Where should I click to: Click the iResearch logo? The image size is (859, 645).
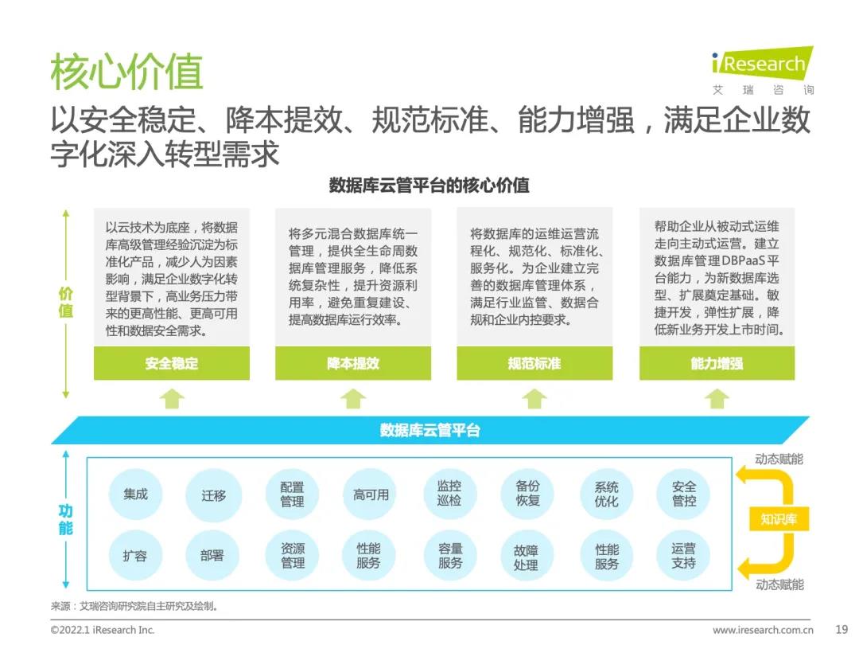pyautogui.click(x=761, y=64)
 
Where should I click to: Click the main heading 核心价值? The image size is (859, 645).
pyautogui.click(x=126, y=72)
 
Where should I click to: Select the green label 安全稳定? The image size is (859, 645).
pyautogui.click(x=171, y=363)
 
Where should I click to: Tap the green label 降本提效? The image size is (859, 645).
pyautogui.click(x=353, y=363)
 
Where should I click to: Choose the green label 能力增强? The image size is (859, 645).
pyautogui.click(x=717, y=363)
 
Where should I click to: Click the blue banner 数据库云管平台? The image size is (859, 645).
pyautogui.click(x=429, y=430)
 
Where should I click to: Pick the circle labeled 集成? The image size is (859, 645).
pyautogui.click(x=135, y=494)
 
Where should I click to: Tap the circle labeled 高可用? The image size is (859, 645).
pyautogui.click(x=371, y=494)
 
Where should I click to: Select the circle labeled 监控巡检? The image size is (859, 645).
pyautogui.click(x=449, y=494)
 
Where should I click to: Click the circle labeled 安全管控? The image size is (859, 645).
pyautogui.click(x=683, y=494)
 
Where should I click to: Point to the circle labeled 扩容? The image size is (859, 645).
pyautogui.click(x=135, y=556)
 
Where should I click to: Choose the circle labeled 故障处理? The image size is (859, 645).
pyautogui.click(x=527, y=556)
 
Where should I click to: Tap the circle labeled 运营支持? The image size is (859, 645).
pyautogui.click(x=683, y=556)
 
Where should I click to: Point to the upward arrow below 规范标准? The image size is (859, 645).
pyautogui.click(x=534, y=398)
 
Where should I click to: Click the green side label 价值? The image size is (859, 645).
pyautogui.click(x=66, y=303)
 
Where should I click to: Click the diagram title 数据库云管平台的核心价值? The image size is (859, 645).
pyautogui.click(x=429, y=186)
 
